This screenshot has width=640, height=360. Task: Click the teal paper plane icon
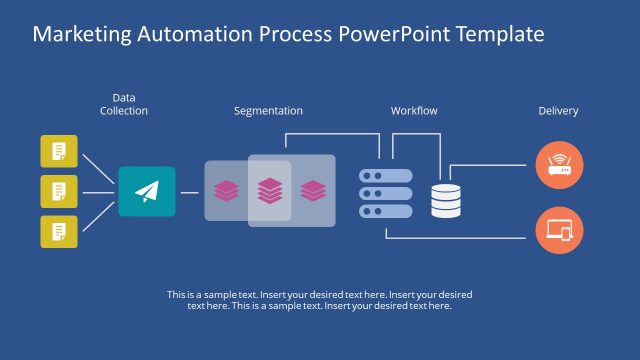147,191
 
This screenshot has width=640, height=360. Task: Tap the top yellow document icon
59,151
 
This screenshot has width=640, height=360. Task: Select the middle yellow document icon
59,190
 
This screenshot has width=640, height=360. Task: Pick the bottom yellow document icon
59,230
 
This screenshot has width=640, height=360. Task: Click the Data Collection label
124,105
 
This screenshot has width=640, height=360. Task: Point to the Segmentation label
268,111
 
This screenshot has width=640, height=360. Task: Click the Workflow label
414,111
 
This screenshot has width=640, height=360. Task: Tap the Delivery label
558,111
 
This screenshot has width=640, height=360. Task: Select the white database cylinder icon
446,200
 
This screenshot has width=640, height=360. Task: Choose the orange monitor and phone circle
559,231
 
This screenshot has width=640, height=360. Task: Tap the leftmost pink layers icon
226,189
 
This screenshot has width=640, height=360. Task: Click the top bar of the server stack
386,175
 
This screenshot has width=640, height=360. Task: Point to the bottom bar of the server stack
386,210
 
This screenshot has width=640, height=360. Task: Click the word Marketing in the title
81,34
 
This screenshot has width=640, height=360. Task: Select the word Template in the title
501,34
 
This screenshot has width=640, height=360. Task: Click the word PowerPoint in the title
389,34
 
